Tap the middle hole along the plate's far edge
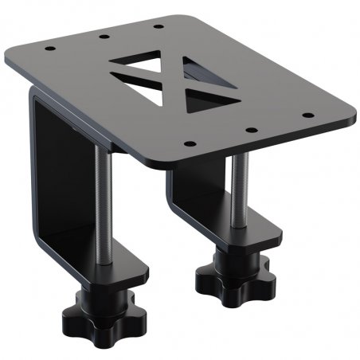tap(104, 36)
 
